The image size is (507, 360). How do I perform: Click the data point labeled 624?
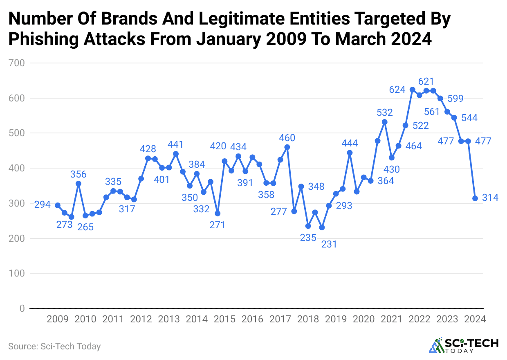(412, 90)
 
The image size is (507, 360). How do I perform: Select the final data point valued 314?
(475, 198)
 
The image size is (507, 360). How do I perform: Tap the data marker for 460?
(287, 147)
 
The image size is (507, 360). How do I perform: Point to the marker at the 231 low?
(322, 227)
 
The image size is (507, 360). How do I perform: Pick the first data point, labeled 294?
(58, 205)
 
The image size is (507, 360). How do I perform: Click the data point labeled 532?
(384, 122)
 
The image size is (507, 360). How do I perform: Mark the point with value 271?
(218, 214)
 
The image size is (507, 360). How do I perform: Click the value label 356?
(79, 175)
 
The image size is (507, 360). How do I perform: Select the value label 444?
(350, 143)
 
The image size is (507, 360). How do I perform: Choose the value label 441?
(176, 144)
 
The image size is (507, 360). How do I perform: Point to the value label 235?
(308, 238)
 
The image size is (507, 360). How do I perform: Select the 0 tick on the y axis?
(22, 308)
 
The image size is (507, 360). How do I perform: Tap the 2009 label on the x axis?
(58, 319)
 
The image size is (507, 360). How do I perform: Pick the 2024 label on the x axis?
(475, 319)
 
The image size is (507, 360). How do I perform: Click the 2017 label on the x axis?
(280, 319)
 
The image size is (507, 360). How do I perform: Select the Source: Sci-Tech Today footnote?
(54, 346)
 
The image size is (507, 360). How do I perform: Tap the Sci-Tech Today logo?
(464, 346)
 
